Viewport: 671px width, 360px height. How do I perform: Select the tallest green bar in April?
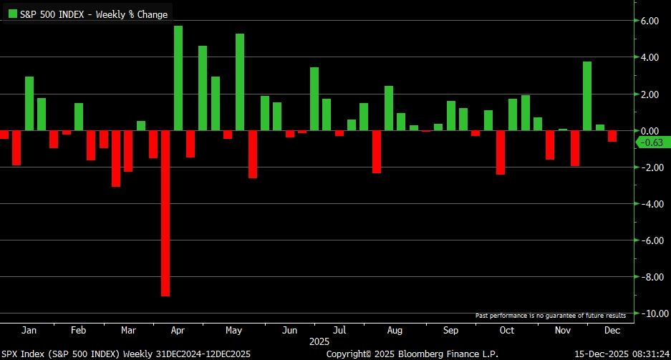pyautogui.click(x=178, y=78)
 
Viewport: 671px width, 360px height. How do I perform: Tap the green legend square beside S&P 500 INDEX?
pyautogui.click(x=12, y=14)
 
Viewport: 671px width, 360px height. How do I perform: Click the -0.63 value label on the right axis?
pyautogui.click(x=652, y=142)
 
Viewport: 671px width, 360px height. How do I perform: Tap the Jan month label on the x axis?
pyautogui.click(x=29, y=331)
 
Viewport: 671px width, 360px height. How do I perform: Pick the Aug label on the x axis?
pyautogui.click(x=394, y=331)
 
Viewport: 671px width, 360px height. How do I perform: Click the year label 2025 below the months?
pyautogui.click(x=319, y=342)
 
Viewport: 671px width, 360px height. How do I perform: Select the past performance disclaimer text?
pyautogui.click(x=550, y=316)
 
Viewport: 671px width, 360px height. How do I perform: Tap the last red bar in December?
pyautogui.click(x=612, y=136)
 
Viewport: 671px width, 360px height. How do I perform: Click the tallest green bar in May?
pyautogui.click(x=240, y=82)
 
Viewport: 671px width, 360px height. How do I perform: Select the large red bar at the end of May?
pyautogui.click(x=252, y=154)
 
